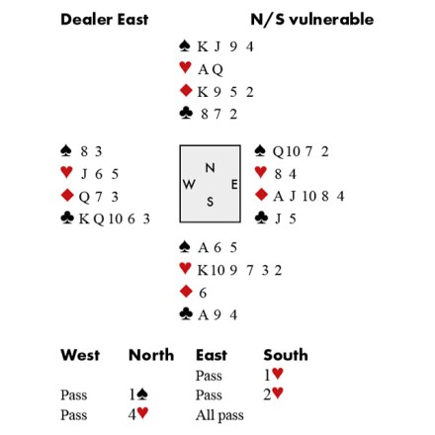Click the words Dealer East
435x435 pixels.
[105, 19]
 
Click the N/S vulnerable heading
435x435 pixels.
[312, 19]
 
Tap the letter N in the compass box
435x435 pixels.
[210, 168]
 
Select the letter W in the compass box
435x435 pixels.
[189, 185]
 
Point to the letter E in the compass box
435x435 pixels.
[234, 185]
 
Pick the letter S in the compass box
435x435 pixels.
[210, 202]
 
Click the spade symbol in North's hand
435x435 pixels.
[185, 45]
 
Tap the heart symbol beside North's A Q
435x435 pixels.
[185, 67]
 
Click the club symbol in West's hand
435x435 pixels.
[67, 217]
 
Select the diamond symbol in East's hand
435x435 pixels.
[261, 195]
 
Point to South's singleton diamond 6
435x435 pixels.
[203, 293]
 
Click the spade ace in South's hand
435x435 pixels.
[203, 248]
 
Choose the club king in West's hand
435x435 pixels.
[84, 218]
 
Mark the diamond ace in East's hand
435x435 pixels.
[278, 197]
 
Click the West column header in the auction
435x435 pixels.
[80, 355]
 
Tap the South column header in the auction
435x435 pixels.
[286, 355]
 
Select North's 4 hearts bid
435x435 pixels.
[138, 414]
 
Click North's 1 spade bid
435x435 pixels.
[138, 394]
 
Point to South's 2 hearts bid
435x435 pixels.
[273, 393]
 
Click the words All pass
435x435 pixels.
[219, 415]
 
